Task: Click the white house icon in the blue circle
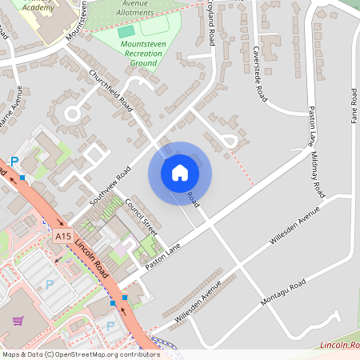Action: pyautogui.click(x=179, y=173)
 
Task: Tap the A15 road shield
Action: pyautogui.click(x=64, y=237)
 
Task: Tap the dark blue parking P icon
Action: pyautogui.click(x=14, y=161)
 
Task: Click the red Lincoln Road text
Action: pyautogui.click(x=339, y=345)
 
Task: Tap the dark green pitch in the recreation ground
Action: pyautogui.click(x=126, y=31)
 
